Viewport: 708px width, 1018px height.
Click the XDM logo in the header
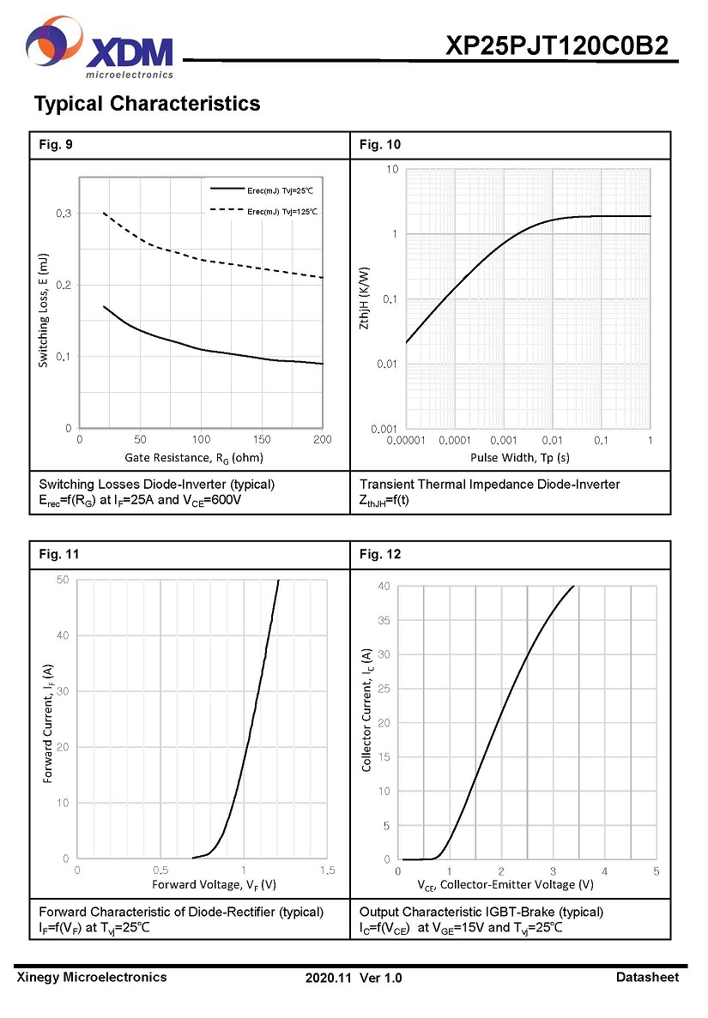[x=99, y=48]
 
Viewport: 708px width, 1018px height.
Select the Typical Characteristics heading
[x=147, y=104]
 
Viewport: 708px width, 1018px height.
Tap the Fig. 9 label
[x=56, y=144]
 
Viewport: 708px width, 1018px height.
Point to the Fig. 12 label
[x=380, y=554]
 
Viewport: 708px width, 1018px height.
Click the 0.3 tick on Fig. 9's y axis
[x=64, y=213]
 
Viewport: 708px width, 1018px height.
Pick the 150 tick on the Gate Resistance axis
[x=262, y=440]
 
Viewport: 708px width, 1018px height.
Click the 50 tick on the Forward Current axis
[x=62, y=581]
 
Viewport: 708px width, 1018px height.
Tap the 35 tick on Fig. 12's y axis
[x=384, y=620]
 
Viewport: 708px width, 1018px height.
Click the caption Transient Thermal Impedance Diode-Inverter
[x=489, y=485]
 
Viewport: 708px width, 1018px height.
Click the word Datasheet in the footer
[x=647, y=977]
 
